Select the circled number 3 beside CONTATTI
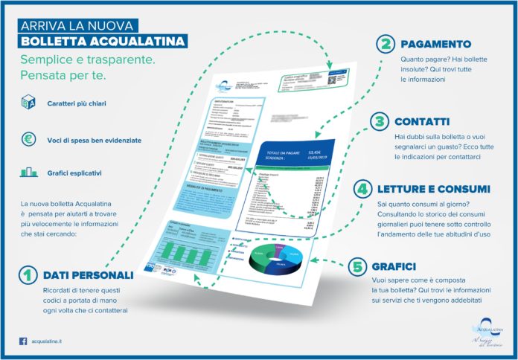[379, 120]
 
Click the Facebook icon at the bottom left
[23, 341]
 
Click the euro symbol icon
[29, 139]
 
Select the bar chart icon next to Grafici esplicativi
[29, 173]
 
